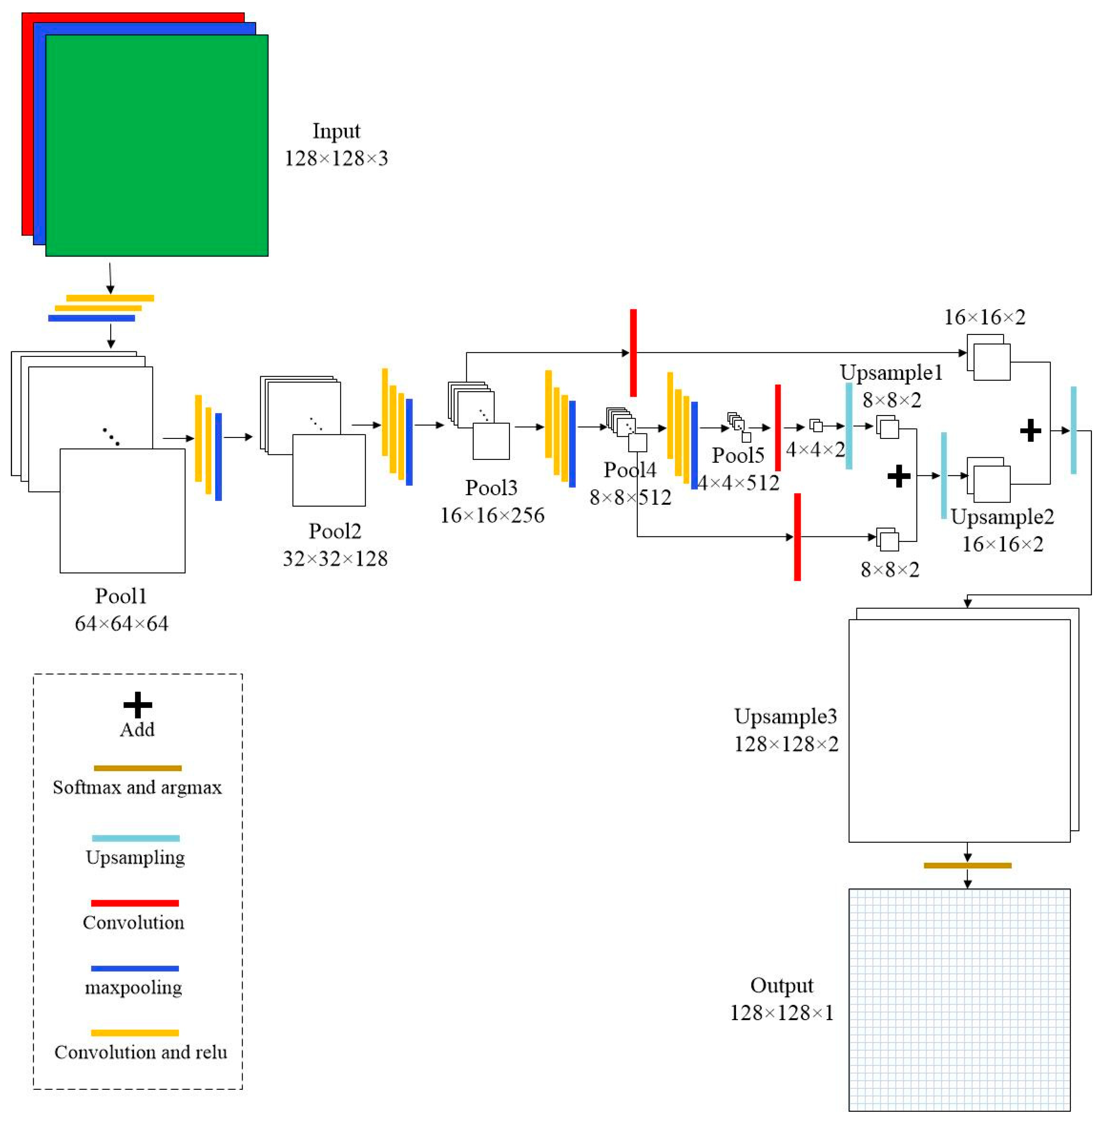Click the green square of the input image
157,145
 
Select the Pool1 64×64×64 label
121,610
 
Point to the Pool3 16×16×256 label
492,501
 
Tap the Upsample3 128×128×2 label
786,730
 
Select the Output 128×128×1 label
782,999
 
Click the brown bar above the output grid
967,866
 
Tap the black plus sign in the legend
137,705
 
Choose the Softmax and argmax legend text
137,787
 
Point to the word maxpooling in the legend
133,987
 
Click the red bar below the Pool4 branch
797,537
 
